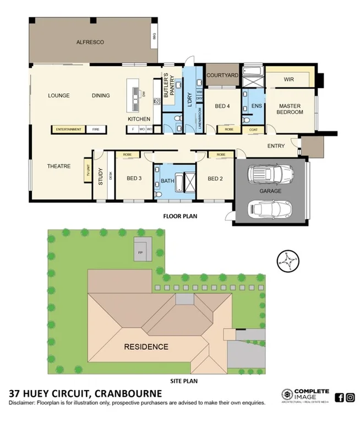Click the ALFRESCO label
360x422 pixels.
pyautogui.click(x=90, y=42)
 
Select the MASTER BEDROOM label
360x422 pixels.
pyautogui.click(x=291, y=109)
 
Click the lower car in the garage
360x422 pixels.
pyautogui.click(x=270, y=209)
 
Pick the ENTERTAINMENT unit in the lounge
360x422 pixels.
pyautogui.click(x=69, y=130)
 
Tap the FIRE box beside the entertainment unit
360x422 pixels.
pyautogui.click(x=96, y=130)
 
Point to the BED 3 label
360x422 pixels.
pyautogui.click(x=134, y=178)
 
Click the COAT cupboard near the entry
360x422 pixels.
pyautogui.click(x=253, y=130)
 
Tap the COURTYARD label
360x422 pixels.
pyautogui.click(x=222, y=75)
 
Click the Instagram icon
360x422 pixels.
pyautogui.click(x=350, y=397)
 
